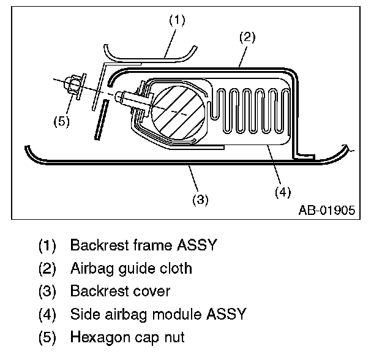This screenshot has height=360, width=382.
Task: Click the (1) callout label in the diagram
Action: tap(176, 19)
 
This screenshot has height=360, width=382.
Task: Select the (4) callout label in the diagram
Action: tap(282, 192)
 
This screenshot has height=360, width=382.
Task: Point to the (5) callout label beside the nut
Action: tap(61, 121)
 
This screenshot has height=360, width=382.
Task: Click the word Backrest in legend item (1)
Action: tap(98, 246)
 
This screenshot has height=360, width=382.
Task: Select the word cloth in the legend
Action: tap(174, 268)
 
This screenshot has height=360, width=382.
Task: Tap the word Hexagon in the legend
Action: tap(97, 337)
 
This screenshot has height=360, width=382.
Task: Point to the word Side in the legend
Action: tap(83, 314)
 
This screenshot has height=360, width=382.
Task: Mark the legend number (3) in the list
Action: tap(47, 291)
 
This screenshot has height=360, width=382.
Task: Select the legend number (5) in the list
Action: tap(47, 337)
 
